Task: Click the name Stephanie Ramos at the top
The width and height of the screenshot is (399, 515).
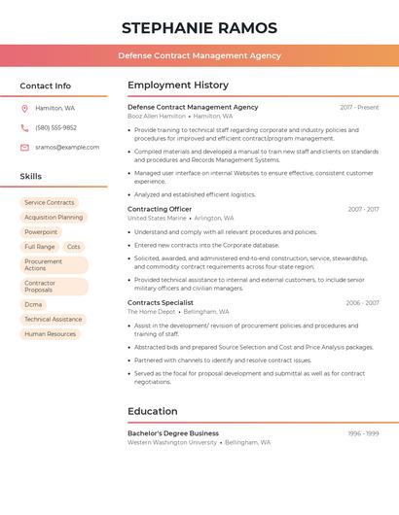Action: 199,28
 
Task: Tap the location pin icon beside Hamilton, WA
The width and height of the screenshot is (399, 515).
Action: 24,108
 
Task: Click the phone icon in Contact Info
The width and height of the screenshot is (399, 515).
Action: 24,127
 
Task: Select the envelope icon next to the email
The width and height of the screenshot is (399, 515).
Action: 24,148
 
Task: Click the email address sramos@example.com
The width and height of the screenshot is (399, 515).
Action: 67,148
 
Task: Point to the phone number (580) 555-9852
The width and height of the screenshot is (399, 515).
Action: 55,127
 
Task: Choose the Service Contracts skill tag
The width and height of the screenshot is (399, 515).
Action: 49,203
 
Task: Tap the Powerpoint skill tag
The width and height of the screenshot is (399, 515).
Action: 41,232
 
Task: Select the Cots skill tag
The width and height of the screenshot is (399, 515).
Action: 74,247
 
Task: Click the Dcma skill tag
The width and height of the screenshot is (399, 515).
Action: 34,304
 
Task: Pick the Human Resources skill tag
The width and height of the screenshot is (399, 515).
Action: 50,333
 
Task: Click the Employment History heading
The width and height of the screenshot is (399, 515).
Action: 178,86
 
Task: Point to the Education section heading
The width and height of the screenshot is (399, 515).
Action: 153,411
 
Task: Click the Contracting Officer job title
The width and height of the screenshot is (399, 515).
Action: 160,209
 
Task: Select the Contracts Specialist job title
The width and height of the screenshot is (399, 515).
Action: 161,302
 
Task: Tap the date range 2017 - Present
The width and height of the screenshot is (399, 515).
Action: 359,107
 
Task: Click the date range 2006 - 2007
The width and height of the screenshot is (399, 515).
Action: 362,303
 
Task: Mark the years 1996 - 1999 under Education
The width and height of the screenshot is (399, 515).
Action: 363,433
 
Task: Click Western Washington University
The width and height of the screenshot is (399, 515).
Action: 172,442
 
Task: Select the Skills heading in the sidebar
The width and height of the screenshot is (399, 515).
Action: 31,177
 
